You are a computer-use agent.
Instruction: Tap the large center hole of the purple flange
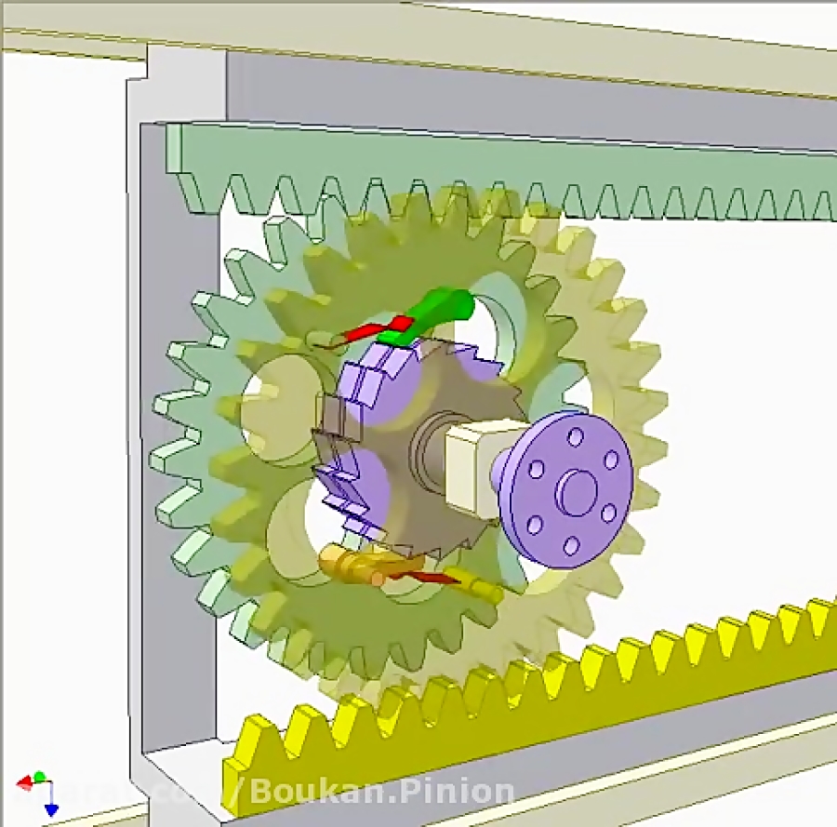[578, 488]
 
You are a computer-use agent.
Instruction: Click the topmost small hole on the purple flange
[576, 435]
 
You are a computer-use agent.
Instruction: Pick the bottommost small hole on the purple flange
[571, 544]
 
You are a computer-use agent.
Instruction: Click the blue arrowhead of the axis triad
[51, 809]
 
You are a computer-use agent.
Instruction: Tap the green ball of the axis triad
[39, 776]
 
